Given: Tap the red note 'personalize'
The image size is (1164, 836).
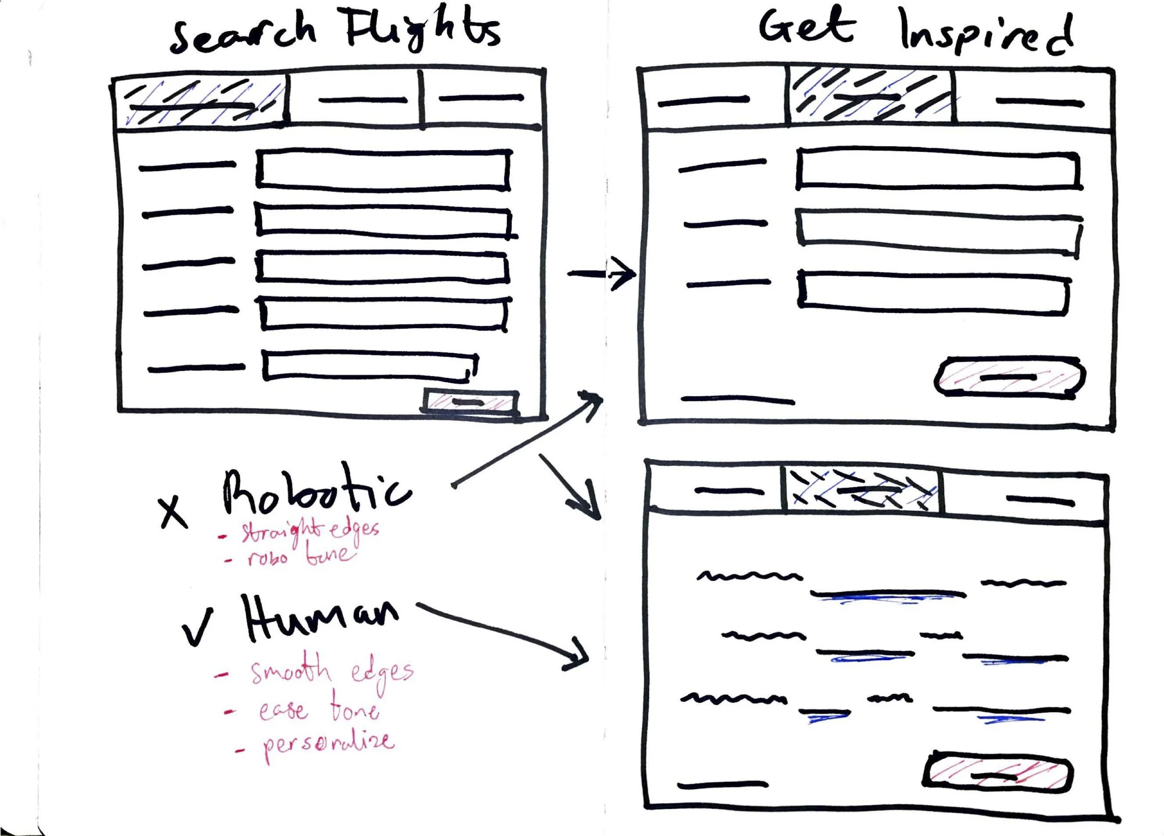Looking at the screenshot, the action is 328,743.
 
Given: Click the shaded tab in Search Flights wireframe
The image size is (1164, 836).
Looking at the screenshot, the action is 200,102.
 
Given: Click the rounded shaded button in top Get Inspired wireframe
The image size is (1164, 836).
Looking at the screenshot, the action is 1009,377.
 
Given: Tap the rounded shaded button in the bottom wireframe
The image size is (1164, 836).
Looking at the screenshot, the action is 997,775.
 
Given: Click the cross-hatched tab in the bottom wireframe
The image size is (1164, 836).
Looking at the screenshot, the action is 862,490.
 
